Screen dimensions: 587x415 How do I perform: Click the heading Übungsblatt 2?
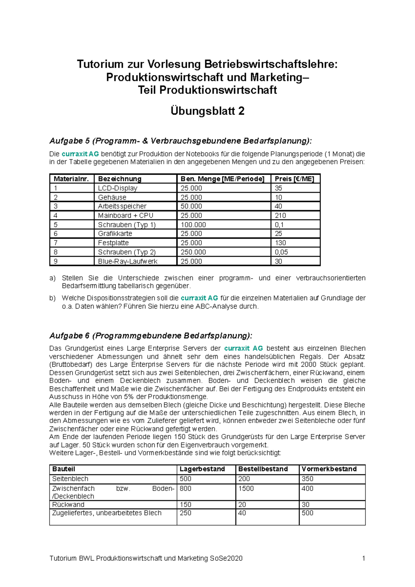pyautogui.click(x=207, y=111)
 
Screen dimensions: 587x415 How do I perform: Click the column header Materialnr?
pyautogui.click(x=71, y=179)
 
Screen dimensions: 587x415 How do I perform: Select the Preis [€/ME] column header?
pyautogui.click(x=294, y=179)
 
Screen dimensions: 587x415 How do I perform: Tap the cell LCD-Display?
pyautogui.click(x=118, y=188)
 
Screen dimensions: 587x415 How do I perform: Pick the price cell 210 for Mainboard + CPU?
pyautogui.click(x=280, y=215)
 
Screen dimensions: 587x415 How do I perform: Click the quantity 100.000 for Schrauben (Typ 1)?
pyautogui.click(x=193, y=224)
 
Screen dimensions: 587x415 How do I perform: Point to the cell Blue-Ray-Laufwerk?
pyautogui.click(x=128, y=262)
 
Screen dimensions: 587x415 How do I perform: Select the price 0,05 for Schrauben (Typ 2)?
pyautogui.click(x=281, y=252)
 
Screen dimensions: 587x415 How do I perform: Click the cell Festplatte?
pyautogui.click(x=113, y=243)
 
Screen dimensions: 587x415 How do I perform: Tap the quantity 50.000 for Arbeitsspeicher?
pyautogui.click(x=191, y=206)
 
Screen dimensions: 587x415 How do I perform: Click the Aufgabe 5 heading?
pyautogui.click(x=180, y=141)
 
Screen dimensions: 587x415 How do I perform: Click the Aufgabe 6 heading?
pyautogui.click(x=151, y=336)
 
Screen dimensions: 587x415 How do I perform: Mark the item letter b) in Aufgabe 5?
pyautogui.click(x=52, y=298)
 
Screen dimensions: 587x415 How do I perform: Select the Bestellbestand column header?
pyautogui.click(x=263, y=469)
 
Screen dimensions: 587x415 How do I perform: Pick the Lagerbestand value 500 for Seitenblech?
pyautogui.click(x=185, y=479)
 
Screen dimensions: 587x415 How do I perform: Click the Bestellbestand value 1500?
pyautogui.click(x=246, y=488)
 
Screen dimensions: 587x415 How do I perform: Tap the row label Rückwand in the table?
pyautogui.click(x=68, y=505)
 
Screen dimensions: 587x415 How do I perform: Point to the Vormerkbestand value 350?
pyautogui.click(x=307, y=479)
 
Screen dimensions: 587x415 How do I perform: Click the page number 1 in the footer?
pyautogui.click(x=363, y=558)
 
